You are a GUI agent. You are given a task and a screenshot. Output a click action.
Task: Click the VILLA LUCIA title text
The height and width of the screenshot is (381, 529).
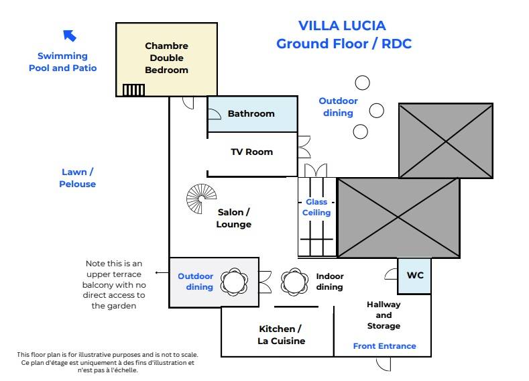(342, 26)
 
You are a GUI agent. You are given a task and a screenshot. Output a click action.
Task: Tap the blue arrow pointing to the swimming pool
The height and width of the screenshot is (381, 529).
(69, 36)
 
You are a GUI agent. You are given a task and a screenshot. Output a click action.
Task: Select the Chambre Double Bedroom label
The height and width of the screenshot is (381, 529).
(166, 58)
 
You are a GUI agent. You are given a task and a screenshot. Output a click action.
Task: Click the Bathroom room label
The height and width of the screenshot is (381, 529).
(251, 113)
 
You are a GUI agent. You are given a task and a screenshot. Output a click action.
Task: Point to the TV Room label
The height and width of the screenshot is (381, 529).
(251, 152)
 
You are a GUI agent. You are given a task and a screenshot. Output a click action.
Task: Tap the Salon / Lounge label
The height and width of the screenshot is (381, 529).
(233, 218)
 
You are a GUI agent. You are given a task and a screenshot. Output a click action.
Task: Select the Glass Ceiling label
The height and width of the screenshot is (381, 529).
(316, 207)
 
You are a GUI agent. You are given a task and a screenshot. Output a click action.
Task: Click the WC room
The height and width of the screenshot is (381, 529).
(415, 276)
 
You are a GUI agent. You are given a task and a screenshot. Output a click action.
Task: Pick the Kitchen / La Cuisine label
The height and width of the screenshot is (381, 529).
(280, 335)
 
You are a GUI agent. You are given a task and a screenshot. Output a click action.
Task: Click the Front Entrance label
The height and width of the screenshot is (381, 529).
(384, 346)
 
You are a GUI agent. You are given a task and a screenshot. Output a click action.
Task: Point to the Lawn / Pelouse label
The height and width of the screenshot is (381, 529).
(77, 178)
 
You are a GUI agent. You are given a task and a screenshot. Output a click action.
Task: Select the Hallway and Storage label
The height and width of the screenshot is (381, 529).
(384, 315)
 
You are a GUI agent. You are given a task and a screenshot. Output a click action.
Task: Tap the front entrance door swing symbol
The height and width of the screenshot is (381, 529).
(383, 364)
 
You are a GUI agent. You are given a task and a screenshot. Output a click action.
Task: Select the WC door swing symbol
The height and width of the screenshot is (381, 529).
(391, 274)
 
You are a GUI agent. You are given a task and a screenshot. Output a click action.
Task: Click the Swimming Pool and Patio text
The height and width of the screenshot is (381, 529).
(62, 62)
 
